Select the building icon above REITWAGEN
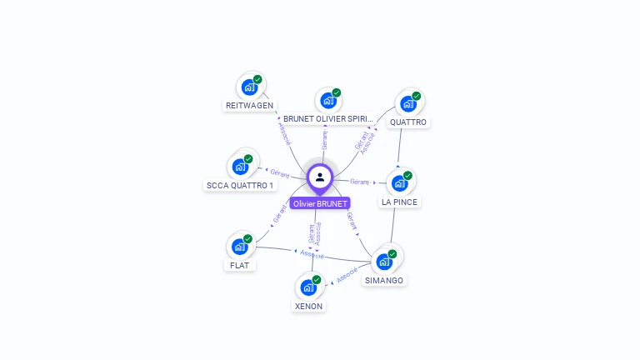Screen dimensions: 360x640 point(248,86)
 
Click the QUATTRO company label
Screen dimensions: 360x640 point(408,122)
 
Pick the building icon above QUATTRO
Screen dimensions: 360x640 point(407,103)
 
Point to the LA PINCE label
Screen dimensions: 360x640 point(399,202)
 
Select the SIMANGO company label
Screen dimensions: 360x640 point(384,281)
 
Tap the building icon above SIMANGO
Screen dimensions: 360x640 point(384,261)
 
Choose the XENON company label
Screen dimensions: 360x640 point(308,306)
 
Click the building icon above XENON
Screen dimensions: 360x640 point(308,287)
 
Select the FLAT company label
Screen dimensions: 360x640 point(239,266)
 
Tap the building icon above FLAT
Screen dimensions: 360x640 point(239,247)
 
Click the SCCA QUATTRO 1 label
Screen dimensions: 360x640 point(240,185)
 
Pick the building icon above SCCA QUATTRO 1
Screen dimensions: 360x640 point(240,166)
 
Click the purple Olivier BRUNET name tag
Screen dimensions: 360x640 point(321,203)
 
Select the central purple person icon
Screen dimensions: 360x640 point(320,177)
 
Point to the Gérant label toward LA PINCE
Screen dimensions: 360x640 point(360,182)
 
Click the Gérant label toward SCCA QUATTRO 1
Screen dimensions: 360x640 point(280,175)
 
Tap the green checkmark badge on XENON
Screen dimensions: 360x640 point(317,280)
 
